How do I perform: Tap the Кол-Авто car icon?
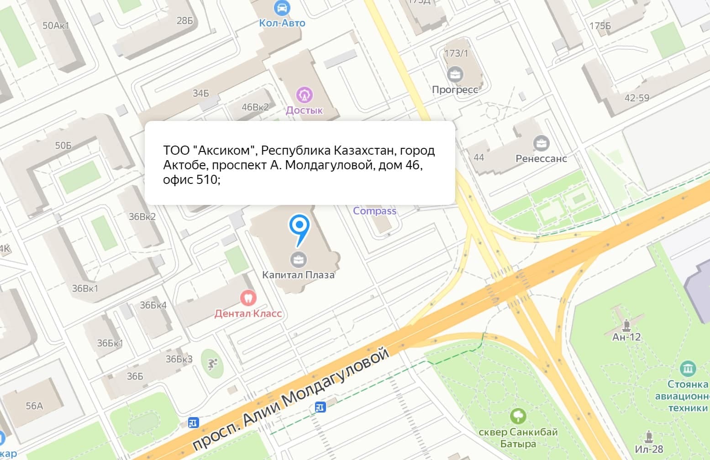[x=282, y=7]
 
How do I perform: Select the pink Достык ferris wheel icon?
[x=304, y=95]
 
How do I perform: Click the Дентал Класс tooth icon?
[x=248, y=298]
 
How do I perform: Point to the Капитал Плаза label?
[x=298, y=275]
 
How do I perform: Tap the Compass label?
[x=374, y=211]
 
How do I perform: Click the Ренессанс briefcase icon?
[x=542, y=143]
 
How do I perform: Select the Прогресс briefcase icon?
[x=455, y=73]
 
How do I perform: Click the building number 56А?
[x=34, y=406]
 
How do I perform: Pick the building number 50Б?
[x=63, y=146]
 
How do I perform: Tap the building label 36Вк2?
[x=142, y=216]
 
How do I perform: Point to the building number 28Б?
[x=184, y=21]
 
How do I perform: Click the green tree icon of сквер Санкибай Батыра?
[x=518, y=416]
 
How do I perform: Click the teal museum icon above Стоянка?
[x=688, y=368]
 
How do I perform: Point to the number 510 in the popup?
[x=206, y=180]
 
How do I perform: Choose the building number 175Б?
[x=600, y=26]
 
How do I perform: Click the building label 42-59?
[x=636, y=98]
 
